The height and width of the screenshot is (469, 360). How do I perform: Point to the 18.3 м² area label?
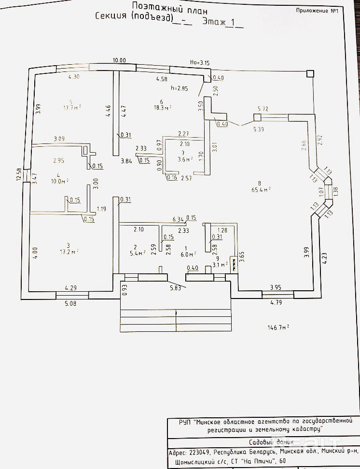[163, 108]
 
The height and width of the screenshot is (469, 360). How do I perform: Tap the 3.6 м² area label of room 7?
[185, 158]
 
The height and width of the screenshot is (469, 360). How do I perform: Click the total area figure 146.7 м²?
[278, 327]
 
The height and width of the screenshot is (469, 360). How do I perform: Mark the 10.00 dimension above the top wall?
[106, 60]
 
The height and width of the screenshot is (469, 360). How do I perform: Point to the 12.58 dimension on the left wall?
[19, 174]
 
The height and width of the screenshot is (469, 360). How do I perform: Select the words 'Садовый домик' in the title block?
[263, 442]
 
